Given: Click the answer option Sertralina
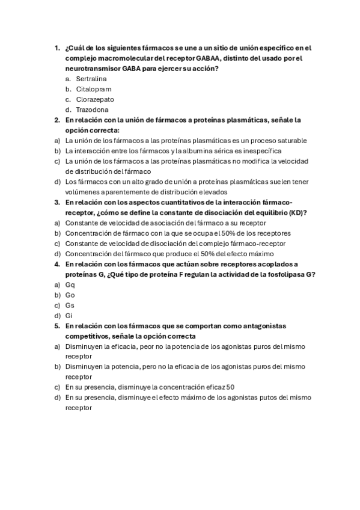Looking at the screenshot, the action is point(91,79).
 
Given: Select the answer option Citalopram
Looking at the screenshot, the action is point(93,89).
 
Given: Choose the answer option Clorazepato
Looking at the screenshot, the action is point(95,99).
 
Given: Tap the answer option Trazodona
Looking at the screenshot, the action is point(92,109).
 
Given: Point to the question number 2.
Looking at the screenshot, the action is point(56,120).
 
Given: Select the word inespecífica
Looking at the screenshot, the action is point(261,150).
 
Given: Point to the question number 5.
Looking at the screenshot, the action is point(56,325).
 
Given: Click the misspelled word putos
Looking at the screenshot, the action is point(260,397).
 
